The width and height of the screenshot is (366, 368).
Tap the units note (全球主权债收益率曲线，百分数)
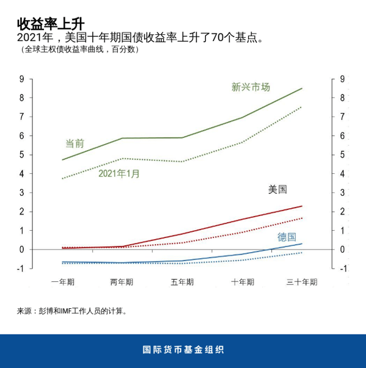(79, 50)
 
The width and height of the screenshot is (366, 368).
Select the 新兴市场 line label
(250, 87)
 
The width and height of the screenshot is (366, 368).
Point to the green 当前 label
(74, 143)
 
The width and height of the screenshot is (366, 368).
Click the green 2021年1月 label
(119, 174)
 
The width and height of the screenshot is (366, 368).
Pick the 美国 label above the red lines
(278, 190)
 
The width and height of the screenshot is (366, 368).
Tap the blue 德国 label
(287, 237)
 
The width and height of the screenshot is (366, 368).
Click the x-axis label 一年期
(63, 282)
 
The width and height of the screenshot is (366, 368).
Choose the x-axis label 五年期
(182, 282)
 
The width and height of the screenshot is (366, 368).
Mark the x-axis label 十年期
(242, 282)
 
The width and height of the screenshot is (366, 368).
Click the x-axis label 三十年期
(301, 282)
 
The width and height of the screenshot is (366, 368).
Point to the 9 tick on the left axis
(22, 79)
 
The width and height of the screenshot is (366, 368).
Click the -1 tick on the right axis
(342, 269)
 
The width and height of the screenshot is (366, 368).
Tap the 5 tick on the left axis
(22, 154)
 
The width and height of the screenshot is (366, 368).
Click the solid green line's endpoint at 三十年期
(302, 88)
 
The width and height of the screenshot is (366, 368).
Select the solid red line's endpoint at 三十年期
(302, 206)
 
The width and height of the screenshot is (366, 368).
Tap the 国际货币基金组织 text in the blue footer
(183, 350)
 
